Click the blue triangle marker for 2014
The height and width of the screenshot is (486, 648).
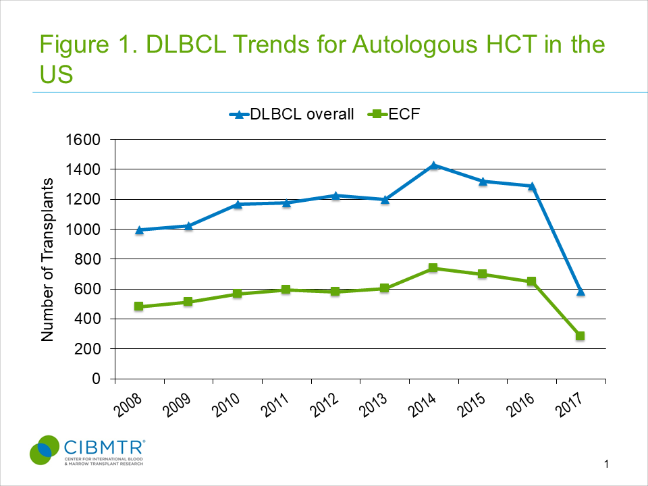click(x=433, y=165)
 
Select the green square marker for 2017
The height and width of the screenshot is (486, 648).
click(x=580, y=336)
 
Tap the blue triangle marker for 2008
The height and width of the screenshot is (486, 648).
click(x=139, y=230)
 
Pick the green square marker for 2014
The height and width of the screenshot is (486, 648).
click(x=433, y=268)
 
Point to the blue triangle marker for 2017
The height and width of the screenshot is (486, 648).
click(x=580, y=292)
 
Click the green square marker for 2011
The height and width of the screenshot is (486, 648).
click(x=286, y=290)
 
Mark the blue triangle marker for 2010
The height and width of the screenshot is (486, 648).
click(x=237, y=204)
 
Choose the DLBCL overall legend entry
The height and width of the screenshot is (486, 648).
click(x=291, y=114)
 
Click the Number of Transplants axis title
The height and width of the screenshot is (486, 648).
click(x=48, y=259)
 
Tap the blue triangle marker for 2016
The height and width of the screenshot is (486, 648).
click(x=531, y=186)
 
